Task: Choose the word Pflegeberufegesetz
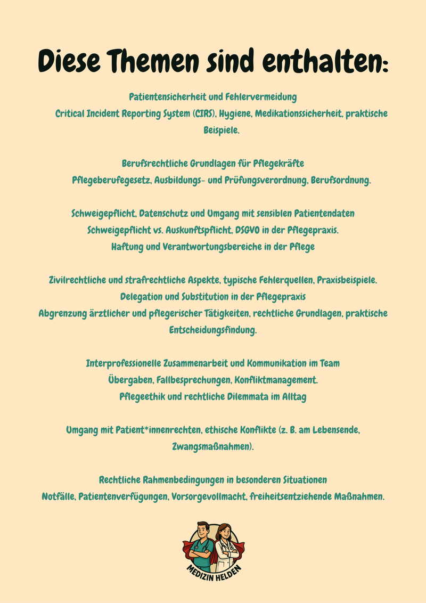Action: [x=111, y=180]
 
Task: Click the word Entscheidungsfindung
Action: [x=212, y=330]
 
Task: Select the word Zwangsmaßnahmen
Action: [x=212, y=446]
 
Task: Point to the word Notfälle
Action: [x=59, y=496]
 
